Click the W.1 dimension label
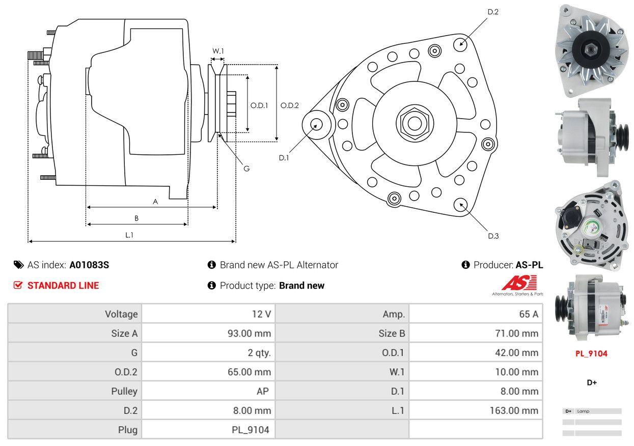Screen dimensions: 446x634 (218, 51)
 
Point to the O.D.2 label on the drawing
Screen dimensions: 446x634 (289, 105)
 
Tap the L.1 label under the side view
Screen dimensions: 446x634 (129, 235)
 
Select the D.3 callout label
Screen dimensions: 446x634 (493, 236)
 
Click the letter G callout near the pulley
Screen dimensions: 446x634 (246, 169)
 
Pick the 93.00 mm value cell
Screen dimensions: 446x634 (249, 333)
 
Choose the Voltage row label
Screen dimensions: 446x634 (121, 314)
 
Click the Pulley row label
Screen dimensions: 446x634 (124, 391)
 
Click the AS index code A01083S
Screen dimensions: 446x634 (89, 265)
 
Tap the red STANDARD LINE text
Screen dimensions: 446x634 (63, 286)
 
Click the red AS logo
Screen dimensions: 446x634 (519, 283)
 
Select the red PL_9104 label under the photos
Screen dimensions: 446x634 (591, 353)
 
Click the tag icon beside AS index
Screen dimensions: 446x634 (19, 265)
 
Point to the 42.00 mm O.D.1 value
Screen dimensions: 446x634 (516, 353)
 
